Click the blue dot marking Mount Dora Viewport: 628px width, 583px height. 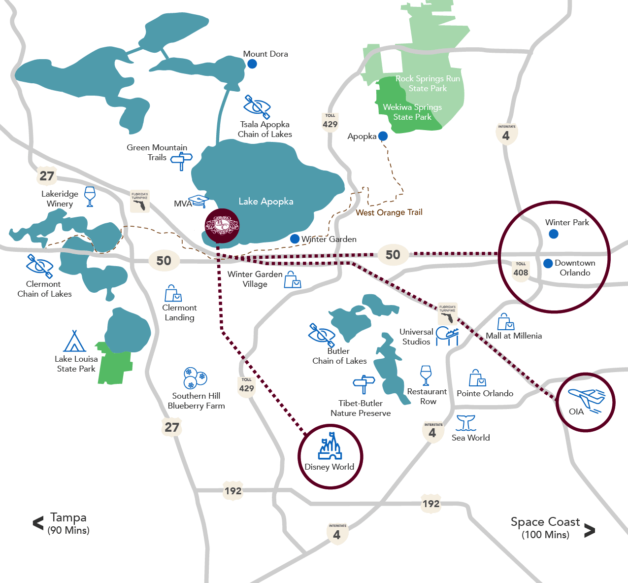pos(252,64)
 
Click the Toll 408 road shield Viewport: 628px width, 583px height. pos(521,270)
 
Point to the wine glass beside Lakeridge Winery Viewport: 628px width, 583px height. pos(90,196)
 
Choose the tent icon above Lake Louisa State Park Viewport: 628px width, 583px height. pos(74,341)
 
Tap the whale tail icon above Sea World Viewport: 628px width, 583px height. pos(465,423)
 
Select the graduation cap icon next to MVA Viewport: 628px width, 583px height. pos(199,202)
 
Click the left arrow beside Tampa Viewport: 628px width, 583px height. pos(38,523)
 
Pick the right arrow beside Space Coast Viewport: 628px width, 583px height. pos(589,530)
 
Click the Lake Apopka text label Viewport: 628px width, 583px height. pos(266,202)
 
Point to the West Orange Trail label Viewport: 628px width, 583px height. pos(389,212)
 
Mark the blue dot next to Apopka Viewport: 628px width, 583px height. pos(383,136)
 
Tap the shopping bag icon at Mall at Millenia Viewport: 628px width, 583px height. pos(505,322)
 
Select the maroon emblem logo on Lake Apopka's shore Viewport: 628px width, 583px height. pos(222,226)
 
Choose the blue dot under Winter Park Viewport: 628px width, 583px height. pos(554,234)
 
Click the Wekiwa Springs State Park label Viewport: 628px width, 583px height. pos(412,112)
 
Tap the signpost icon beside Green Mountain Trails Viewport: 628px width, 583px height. pos(181,161)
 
